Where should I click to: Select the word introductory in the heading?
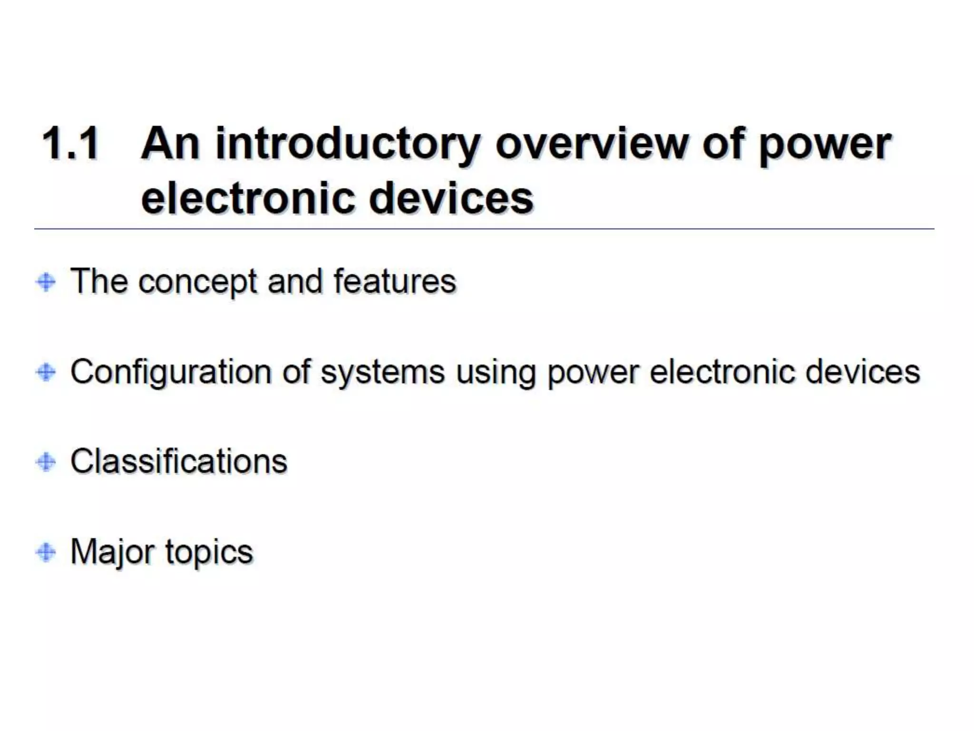click(x=348, y=144)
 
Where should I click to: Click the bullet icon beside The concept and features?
click(x=46, y=282)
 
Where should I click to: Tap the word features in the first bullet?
click(x=395, y=281)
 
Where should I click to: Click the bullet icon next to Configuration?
click(x=46, y=372)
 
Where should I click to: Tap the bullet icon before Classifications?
click(x=46, y=462)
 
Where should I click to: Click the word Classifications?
click(x=179, y=461)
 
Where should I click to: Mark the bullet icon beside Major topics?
click(x=46, y=552)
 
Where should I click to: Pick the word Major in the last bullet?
click(x=112, y=553)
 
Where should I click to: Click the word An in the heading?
click(x=170, y=143)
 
